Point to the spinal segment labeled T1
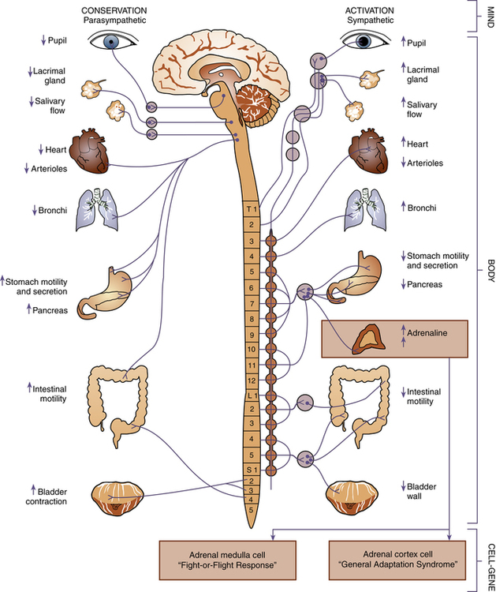click(251, 209)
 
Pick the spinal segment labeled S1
click(251, 470)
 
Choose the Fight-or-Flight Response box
click(227, 560)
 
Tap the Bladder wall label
click(423, 491)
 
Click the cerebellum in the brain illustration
click(254, 104)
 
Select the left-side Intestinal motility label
click(46, 392)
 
